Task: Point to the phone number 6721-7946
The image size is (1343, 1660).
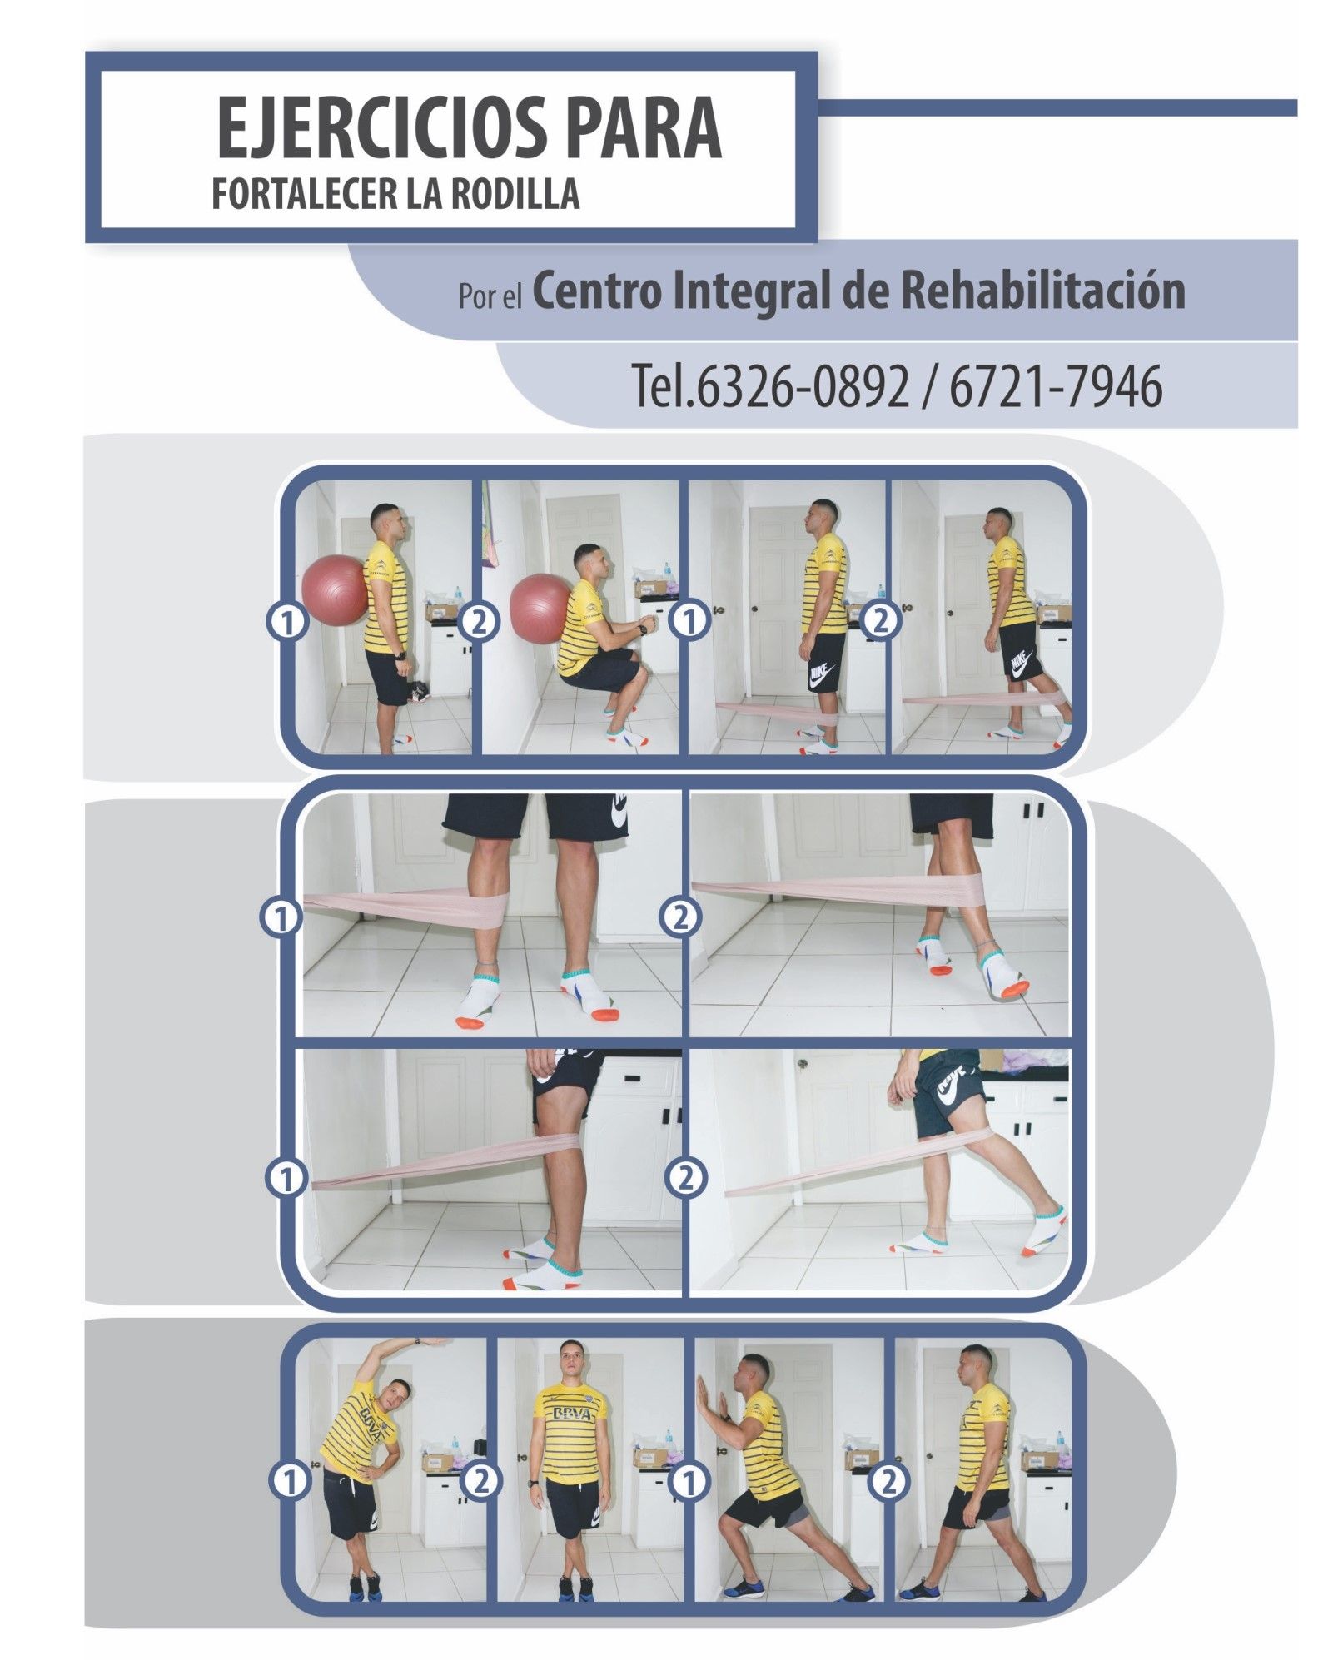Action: [1055, 386]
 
